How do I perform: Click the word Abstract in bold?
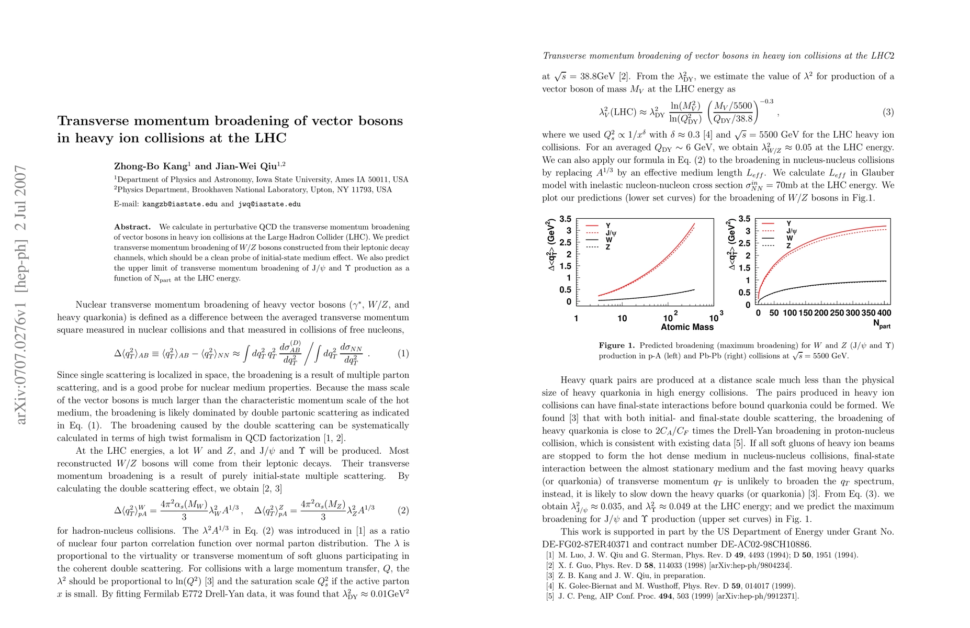pos(132,227)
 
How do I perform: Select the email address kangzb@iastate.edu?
pos(180,204)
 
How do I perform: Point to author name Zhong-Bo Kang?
pos(151,166)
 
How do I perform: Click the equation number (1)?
pos(403,353)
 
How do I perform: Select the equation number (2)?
pos(403,510)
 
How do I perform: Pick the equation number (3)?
pos(888,112)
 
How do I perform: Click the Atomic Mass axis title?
pos(687,327)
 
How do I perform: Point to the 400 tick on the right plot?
pos(884,313)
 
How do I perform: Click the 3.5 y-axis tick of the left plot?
pos(566,219)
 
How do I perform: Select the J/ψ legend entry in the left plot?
pos(611,233)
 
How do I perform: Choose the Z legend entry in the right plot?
pos(788,245)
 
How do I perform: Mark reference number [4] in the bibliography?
pos(550,586)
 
